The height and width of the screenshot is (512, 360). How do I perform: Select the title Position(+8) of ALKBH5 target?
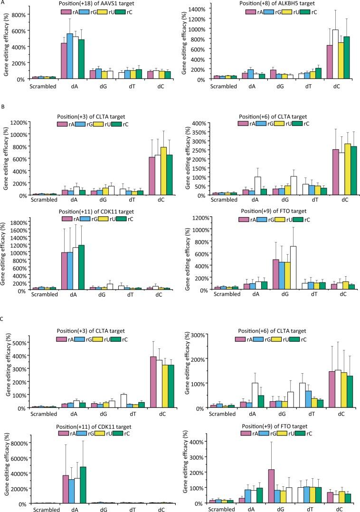273,4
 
